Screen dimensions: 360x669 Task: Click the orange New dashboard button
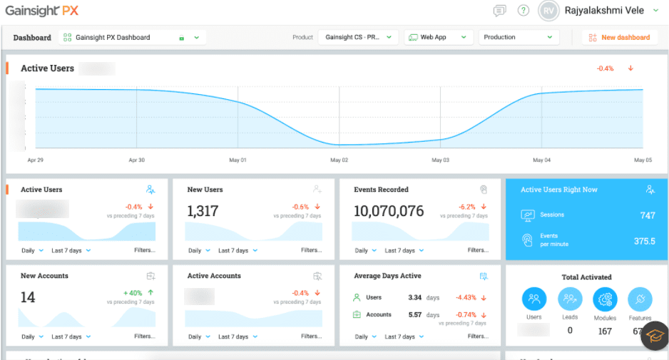(x=619, y=37)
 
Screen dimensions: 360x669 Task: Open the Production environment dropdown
(x=518, y=37)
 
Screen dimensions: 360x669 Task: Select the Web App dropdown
(x=439, y=37)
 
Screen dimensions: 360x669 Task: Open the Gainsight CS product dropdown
(x=358, y=37)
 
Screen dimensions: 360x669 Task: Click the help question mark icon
(x=524, y=11)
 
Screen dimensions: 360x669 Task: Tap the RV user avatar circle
(x=548, y=11)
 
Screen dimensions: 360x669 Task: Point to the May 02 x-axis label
(x=339, y=160)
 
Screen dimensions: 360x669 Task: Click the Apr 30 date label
(x=136, y=160)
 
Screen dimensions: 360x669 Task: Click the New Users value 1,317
(x=203, y=211)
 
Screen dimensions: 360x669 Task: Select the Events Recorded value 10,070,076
(x=389, y=211)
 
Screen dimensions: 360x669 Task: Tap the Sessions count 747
(x=647, y=215)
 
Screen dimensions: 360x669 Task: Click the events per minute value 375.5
(x=644, y=241)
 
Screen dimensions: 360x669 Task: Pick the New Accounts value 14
(x=28, y=297)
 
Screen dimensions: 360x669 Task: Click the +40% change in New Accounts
(x=133, y=293)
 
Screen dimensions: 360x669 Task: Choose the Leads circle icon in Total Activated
(x=570, y=299)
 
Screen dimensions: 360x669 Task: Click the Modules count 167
(x=605, y=331)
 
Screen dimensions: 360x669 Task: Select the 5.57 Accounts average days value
(x=414, y=314)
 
